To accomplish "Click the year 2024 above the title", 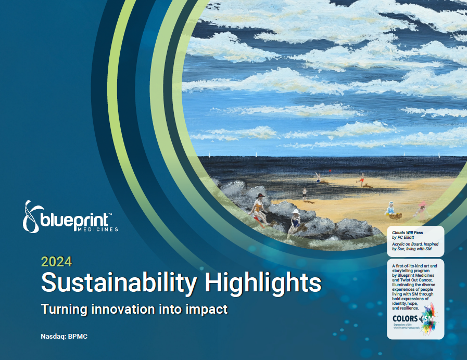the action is coord(56,262).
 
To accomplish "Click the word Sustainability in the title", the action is coord(119,282).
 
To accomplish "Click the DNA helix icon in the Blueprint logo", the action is coord(31,216).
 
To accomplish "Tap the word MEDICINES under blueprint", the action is coord(97,229).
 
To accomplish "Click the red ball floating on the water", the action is coord(330,171).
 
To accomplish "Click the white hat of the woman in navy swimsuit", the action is coord(296,212).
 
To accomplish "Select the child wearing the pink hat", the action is coord(422,210).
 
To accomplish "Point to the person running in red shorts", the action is coord(361,179).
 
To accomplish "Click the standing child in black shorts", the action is coord(305,194).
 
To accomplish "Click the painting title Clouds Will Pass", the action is coord(407,233).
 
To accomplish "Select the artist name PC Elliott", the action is coord(406,237).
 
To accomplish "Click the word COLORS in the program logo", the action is coord(405,319).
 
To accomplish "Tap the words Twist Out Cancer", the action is coord(416,280).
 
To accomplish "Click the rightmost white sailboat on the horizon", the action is coord(439,155).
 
